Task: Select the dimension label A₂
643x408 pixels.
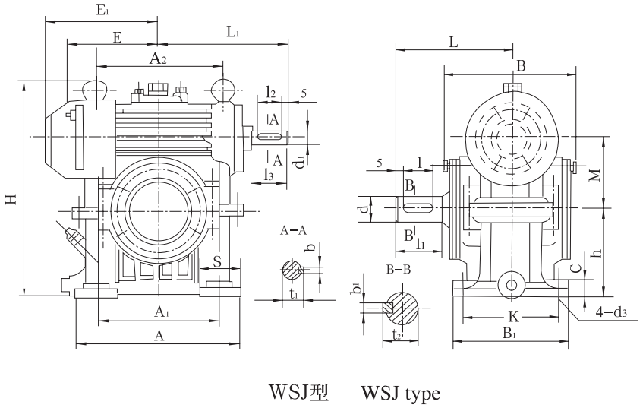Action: (158, 58)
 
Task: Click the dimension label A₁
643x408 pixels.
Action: (162, 311)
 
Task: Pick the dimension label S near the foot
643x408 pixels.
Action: (217, 262)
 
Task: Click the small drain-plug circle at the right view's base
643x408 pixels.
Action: (511, 284)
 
